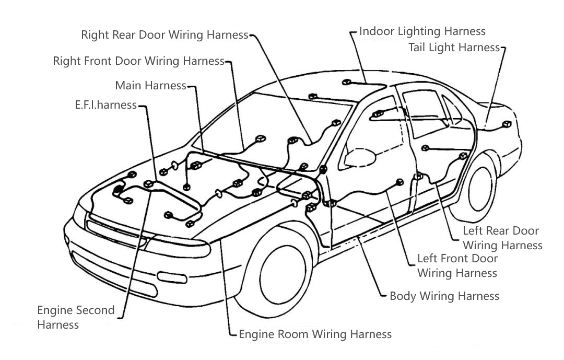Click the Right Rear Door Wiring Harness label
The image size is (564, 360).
(x=165, y=35)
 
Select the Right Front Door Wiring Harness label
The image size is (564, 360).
(x=138, y=61)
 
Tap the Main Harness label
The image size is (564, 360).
(x=150, y=85)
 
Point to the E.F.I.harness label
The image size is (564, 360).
(x=106, y=105)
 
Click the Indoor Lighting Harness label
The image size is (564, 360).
(x=422, y=31)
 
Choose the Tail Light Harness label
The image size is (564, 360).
(x=454, y=48)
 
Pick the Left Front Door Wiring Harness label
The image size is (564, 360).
(x=457, y=265)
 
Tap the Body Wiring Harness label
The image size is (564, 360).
(x=444, y=296)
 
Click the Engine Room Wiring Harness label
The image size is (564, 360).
(x=315, y=334)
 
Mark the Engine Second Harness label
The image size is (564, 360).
(x=75, y=317)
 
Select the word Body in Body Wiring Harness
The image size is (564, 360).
(x=403, y=296)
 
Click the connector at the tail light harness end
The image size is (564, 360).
(x=505, y=124)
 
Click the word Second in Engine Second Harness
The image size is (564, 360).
(x=95, y=310)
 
